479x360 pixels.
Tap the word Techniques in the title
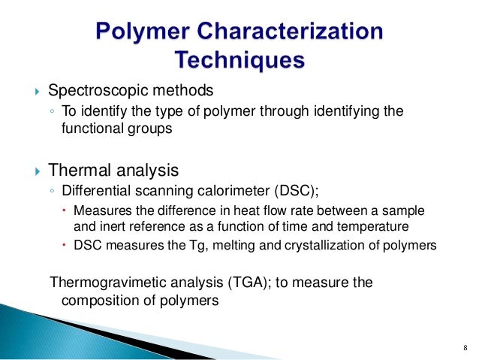point(239,59)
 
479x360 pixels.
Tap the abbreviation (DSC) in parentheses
point(304,189)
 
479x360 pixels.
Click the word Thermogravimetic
point(104,283)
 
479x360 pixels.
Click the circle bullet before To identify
point(51,112)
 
